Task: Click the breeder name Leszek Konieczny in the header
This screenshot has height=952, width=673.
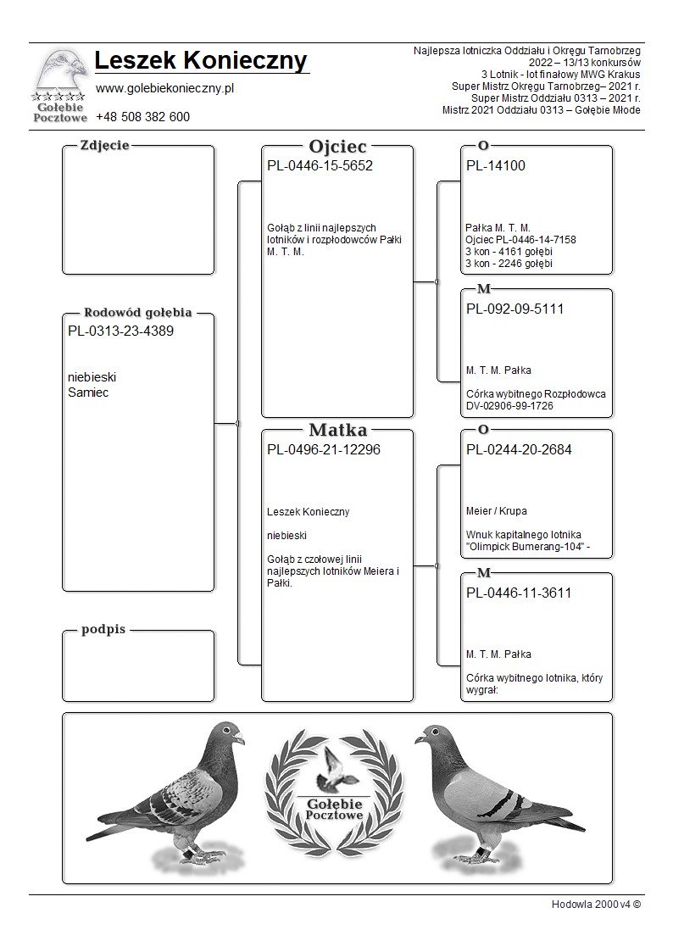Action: [201, 61]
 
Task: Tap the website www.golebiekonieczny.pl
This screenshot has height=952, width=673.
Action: [164, 88]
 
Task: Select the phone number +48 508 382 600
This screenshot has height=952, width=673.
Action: [142, 117]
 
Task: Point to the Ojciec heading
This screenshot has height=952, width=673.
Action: [337, 146]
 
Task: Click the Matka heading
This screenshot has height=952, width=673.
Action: [337, 430]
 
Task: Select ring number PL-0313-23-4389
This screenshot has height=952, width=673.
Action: [120, 331]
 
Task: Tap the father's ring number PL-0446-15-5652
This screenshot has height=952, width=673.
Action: [320, 166]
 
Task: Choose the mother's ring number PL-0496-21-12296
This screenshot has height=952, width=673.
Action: [323, 450]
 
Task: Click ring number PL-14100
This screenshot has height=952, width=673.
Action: [496, 166]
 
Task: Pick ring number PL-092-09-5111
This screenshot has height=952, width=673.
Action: [514, 309]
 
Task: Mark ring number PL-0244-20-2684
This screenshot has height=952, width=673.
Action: [519, 450]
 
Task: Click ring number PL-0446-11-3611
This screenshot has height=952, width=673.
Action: [519, 593]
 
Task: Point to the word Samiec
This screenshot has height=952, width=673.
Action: [88, 392]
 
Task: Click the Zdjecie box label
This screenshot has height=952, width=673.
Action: [104, 145]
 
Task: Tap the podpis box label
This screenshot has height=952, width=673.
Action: [103, 630]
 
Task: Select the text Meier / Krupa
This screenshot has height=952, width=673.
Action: [497, 511]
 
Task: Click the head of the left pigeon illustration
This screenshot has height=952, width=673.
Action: [227, 732]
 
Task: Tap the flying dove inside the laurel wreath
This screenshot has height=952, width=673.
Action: [335, 767]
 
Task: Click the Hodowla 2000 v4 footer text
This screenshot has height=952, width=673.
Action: [596, 905]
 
